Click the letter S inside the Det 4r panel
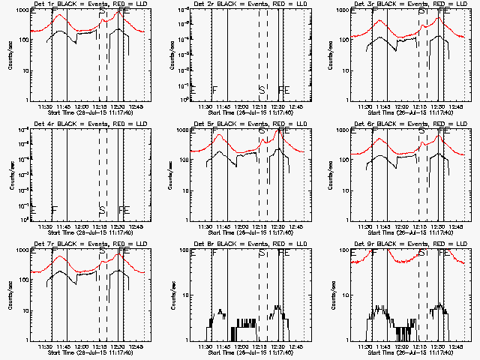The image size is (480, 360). (102, 210)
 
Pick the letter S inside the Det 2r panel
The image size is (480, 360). (261, 90)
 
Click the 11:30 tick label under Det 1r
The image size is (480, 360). (44, 106)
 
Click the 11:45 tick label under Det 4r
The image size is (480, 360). (65, 226)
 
